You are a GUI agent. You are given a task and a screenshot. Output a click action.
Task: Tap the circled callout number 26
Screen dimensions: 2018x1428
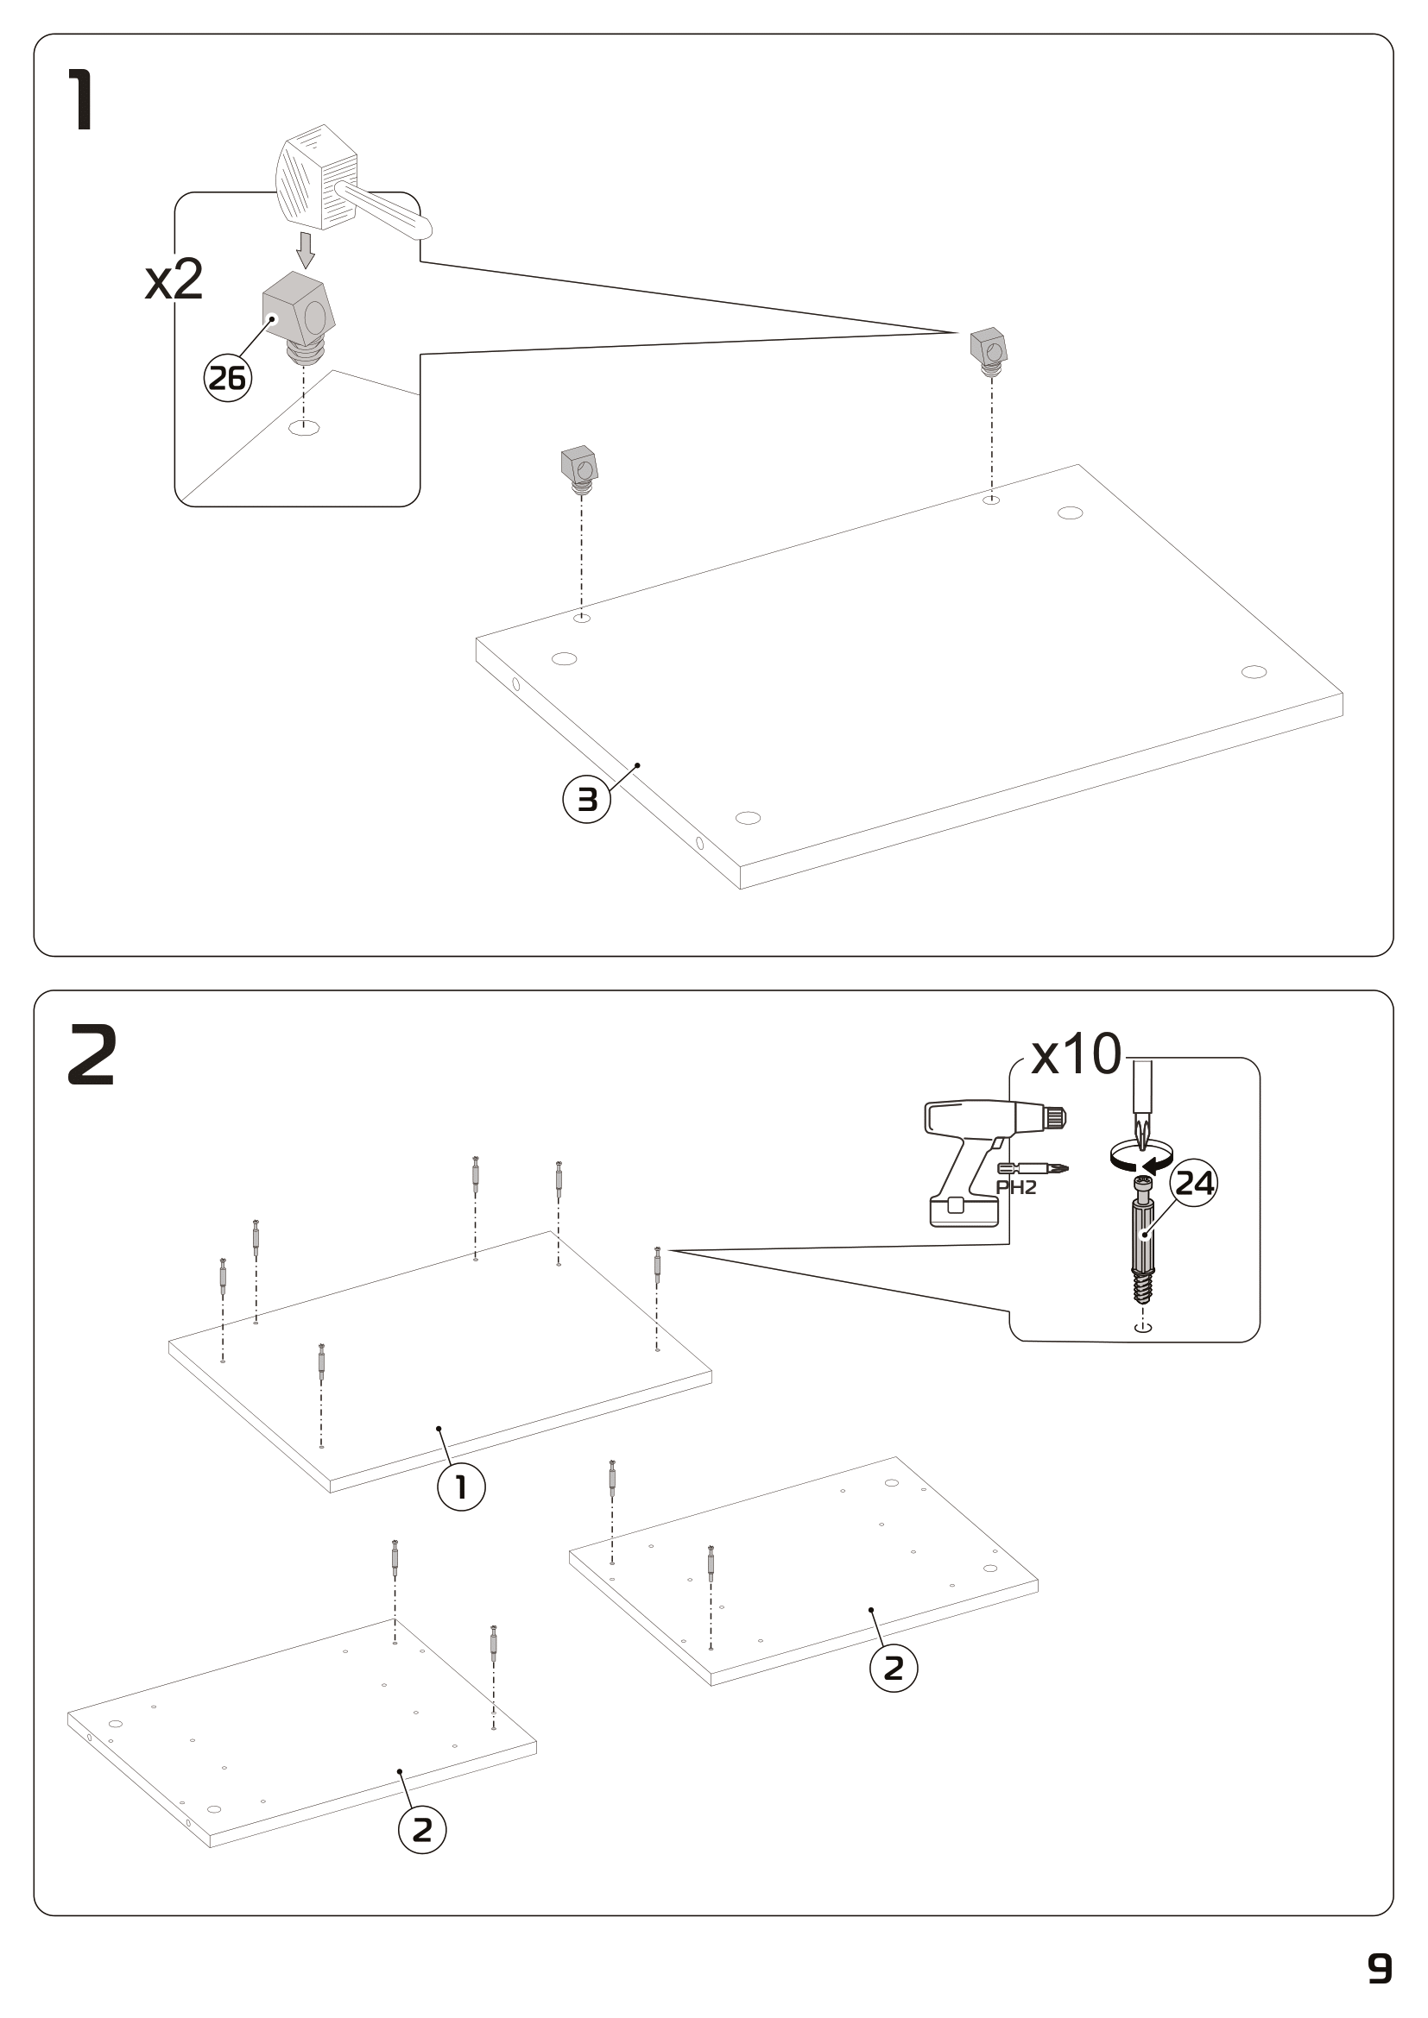coord(228,379)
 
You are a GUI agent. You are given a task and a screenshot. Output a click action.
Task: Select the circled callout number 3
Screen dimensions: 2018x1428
coord(586,800)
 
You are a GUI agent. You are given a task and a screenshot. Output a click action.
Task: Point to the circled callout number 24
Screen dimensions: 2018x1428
coord(1195,1183)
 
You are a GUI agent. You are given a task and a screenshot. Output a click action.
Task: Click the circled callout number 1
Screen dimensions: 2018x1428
coord(461,1487)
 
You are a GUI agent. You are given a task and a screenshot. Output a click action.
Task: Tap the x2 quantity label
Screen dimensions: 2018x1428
coord(174,280)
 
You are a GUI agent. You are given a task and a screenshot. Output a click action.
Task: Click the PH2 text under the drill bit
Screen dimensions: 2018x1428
coord(1016,1188)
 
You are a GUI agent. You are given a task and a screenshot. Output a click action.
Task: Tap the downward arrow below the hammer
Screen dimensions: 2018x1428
coord(305,248)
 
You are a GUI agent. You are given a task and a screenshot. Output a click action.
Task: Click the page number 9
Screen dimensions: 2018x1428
coord(1380,1969)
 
